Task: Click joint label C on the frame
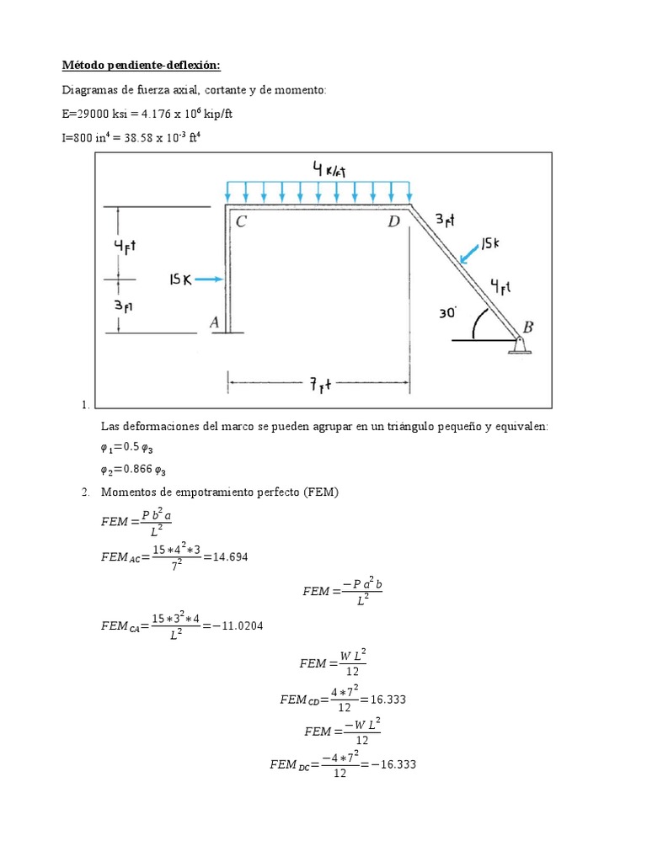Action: pyautogui.click(x=242, y=222)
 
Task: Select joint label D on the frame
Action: pyautogui.click(x=393, y=222)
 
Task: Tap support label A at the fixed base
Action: pyautogui.click(x=215, y=321)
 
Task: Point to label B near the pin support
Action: pyautogui.click(x=528, y=326)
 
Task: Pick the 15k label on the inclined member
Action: pyautogui.click(x=493, y=243)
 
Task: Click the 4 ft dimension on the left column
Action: pyautogui.click(x=125, y=246)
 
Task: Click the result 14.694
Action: pyautogui.click(x=231, y=557)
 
